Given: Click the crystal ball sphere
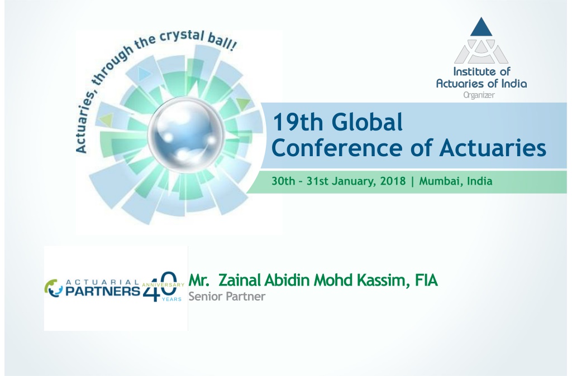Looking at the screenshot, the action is pyautogui.click(x=185, y=134).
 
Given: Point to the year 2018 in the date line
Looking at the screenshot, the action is pyautogui.click(x=393, y=181).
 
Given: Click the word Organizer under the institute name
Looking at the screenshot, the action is pyautogui.click(x=479, y=95).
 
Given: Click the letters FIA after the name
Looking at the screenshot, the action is pyautogui.click(x=426, y=280).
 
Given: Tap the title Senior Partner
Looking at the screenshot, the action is pyautogui.click(x=227, y=297).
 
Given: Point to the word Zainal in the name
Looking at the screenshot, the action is pyautogui.click(x=239, y=280).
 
